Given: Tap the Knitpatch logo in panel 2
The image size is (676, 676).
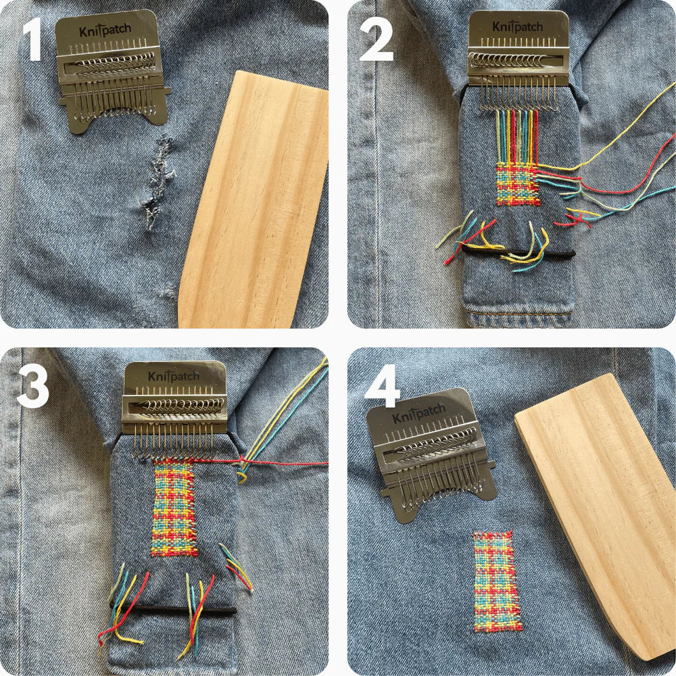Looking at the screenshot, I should click(x=517, y=27).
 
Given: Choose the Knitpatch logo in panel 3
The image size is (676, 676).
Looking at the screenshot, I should click(x=174, y=377).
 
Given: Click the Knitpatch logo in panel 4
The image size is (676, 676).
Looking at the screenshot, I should click(x=420, y=413).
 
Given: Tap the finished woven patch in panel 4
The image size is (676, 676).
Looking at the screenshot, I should click(x=497, y=581).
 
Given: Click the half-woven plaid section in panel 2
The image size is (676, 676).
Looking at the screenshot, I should click(x=518, y=184).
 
